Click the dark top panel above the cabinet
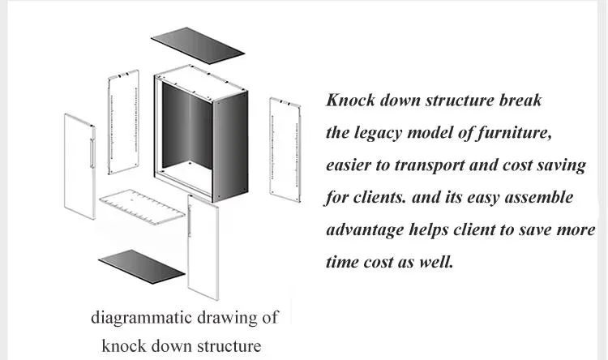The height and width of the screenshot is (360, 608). click(198, 43)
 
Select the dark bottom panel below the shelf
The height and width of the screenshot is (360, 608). click(142, 267)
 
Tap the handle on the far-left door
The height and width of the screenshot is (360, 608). click(92, 152)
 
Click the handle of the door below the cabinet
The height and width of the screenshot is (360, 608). click(190, 221)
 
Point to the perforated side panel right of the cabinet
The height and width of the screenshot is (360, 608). click(285, 150)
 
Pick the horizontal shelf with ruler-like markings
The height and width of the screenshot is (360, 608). click(143, 207)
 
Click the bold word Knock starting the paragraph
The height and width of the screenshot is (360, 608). click(350, 100)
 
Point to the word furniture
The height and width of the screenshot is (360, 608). click(513, 133)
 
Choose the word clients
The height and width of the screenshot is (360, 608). click(379, 197)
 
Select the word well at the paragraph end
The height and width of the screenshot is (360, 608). click(436, 262)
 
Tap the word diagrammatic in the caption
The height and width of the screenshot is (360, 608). click(142, 318)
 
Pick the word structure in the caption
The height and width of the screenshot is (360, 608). click(229, 345)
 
